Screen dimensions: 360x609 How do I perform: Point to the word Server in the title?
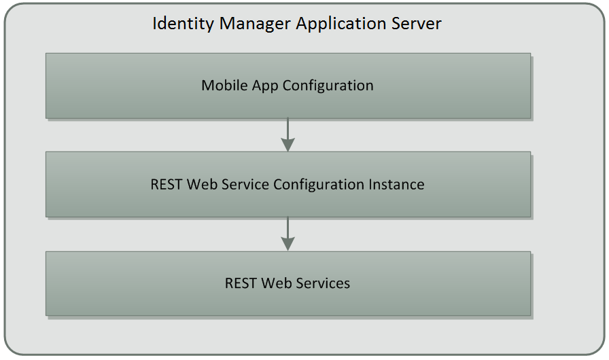click(416, 24)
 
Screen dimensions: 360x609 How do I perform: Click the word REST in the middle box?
click(167, 184)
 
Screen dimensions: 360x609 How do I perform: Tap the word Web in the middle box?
click(202, 184)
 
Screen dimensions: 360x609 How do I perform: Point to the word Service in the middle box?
click(245, 184)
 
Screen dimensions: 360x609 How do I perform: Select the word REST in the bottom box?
click(241, 283)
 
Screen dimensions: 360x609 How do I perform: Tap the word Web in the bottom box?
click(277, 283)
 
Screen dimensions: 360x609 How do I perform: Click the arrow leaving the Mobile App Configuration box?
click(288, 135)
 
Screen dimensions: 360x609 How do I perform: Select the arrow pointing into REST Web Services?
click(288, 234)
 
